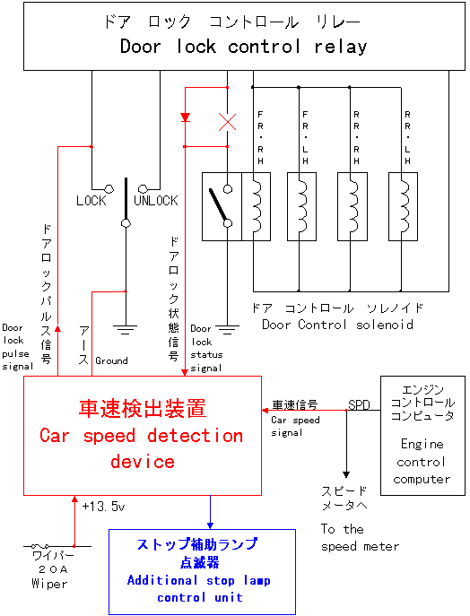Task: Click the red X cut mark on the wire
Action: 228,122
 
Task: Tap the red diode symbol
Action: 185,117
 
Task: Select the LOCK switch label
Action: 91,201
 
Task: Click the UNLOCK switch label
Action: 155,201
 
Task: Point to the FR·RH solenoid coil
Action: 256,206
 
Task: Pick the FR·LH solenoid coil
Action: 301,206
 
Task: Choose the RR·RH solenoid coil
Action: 352,206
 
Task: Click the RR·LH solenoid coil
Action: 404,206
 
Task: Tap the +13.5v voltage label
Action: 103,507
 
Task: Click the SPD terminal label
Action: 359,404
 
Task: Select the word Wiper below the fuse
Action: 49,584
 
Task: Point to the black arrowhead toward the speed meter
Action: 346,474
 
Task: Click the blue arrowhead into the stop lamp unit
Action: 210,525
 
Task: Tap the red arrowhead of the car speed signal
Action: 265,411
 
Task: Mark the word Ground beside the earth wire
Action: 111,360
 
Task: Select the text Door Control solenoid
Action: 337,325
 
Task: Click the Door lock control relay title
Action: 244,47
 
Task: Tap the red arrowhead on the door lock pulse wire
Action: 57,328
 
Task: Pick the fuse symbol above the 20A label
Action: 40,546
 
